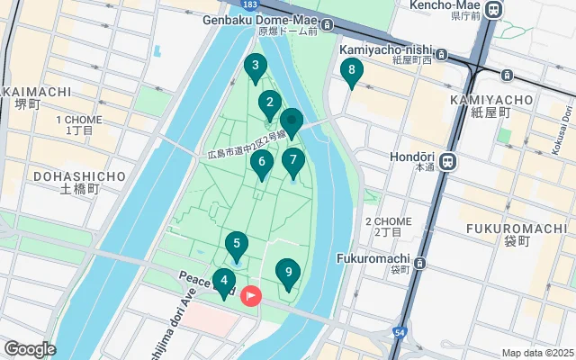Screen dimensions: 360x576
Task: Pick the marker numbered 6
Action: tap(262, 164)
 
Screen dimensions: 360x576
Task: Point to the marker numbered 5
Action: tap(236, 245)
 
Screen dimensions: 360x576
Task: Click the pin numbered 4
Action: tap(224, 281)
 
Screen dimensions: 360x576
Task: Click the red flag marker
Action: tap(250, 294)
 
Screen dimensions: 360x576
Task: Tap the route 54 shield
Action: tap(399, 334)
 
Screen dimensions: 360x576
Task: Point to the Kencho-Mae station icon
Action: tap(493, 10)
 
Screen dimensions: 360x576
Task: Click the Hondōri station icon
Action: tap(449, 162)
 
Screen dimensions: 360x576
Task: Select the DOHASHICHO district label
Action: tap(78, 176)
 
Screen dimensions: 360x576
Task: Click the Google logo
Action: tap(30, 348)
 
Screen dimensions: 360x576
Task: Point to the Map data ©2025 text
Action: tap(536, 353)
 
